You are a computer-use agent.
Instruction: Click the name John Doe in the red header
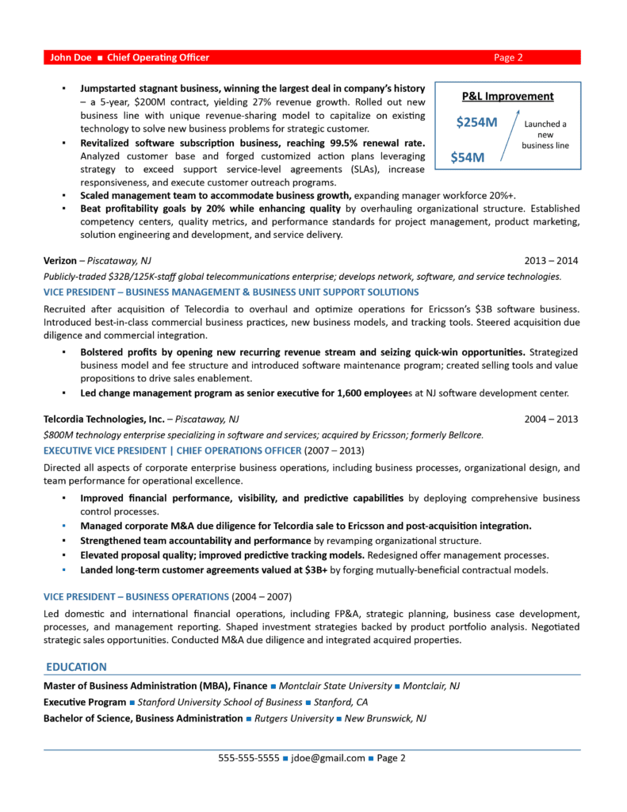click(71, 57)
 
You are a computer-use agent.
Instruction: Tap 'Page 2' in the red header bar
click(508, 57)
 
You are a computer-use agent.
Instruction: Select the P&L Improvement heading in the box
click(507, 97)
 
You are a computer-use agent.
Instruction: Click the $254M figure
click(476, 123)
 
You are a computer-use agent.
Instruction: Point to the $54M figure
click(467, 157)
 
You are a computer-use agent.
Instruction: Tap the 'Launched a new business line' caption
click(545, 135)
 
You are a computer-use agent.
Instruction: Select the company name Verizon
click(60, 261)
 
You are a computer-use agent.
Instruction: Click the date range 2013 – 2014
click(551, 261)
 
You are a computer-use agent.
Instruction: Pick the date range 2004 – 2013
click(551, 419)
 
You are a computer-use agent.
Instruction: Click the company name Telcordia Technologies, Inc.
click(104, 419)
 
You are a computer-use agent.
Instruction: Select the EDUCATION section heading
click(76, 667)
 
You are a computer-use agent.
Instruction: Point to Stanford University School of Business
click(220, 703)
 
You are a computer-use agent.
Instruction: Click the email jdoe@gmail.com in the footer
click(328, 758)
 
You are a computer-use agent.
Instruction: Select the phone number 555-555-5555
click(249, 758)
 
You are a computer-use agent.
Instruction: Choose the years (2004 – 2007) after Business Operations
click(262, 596)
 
